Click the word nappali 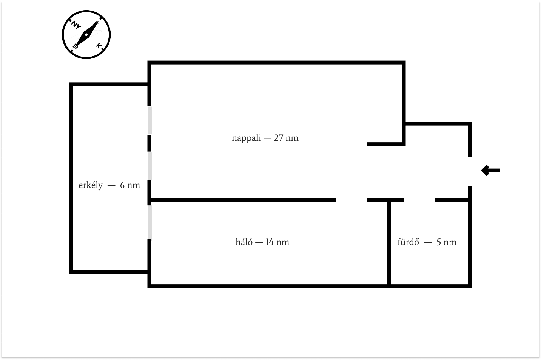coord(246,138)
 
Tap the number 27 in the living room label coord(279,138)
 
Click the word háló coord(244,242)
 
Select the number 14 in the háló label coord(270,242)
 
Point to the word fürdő coord(408,242)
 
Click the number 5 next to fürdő coord(439,242)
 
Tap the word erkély coord(91,185)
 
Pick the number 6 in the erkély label coord(122,185)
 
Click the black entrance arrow coord(490,171)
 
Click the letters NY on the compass coord(76,25)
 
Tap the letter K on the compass coord(99,46)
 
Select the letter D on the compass coord(76,46)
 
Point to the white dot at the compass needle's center coord(86,35)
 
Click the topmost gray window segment coord(150,120)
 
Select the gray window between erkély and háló coord(150,222)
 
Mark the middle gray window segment coord(150,166)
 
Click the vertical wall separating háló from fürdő coord(388,243)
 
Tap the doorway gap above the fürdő coord(419,200)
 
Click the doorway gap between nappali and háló coord(351,200)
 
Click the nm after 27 coord(292,138)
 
